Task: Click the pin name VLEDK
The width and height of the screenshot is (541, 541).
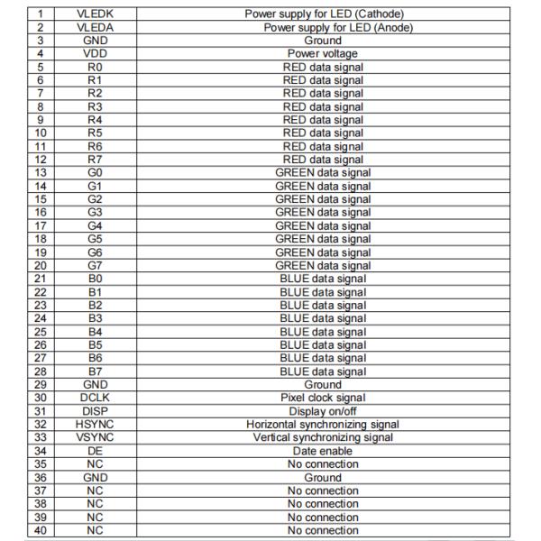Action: pos(96,14)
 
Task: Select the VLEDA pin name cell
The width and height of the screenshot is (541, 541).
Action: pos(96,27)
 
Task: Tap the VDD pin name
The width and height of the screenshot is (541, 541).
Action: pos(96,53)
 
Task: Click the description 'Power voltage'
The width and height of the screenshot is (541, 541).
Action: pos(323,53)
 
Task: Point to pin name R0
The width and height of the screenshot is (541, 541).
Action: pos(96,67)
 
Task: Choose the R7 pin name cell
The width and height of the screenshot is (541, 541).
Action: pos(96,160)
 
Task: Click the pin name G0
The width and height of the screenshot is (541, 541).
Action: pos(96,172)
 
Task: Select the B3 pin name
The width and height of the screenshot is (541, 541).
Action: pos(96,318)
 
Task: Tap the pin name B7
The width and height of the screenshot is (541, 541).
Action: pos(96,371)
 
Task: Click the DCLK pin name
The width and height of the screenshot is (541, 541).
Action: pos(96,398)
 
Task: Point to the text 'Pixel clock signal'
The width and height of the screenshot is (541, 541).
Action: pos(323,398)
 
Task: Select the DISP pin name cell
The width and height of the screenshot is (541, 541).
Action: pos(96,411)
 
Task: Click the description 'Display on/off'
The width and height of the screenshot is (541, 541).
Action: pos(323,411)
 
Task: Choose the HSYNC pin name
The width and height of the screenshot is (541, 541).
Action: pos(96,424)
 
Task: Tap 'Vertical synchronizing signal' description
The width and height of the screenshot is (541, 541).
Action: pos(323,437)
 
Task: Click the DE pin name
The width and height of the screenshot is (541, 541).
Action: pos(96,451)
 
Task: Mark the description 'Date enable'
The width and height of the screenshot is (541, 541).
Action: pos(323,451)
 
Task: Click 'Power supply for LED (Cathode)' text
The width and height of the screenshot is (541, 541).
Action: pos(323,14)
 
